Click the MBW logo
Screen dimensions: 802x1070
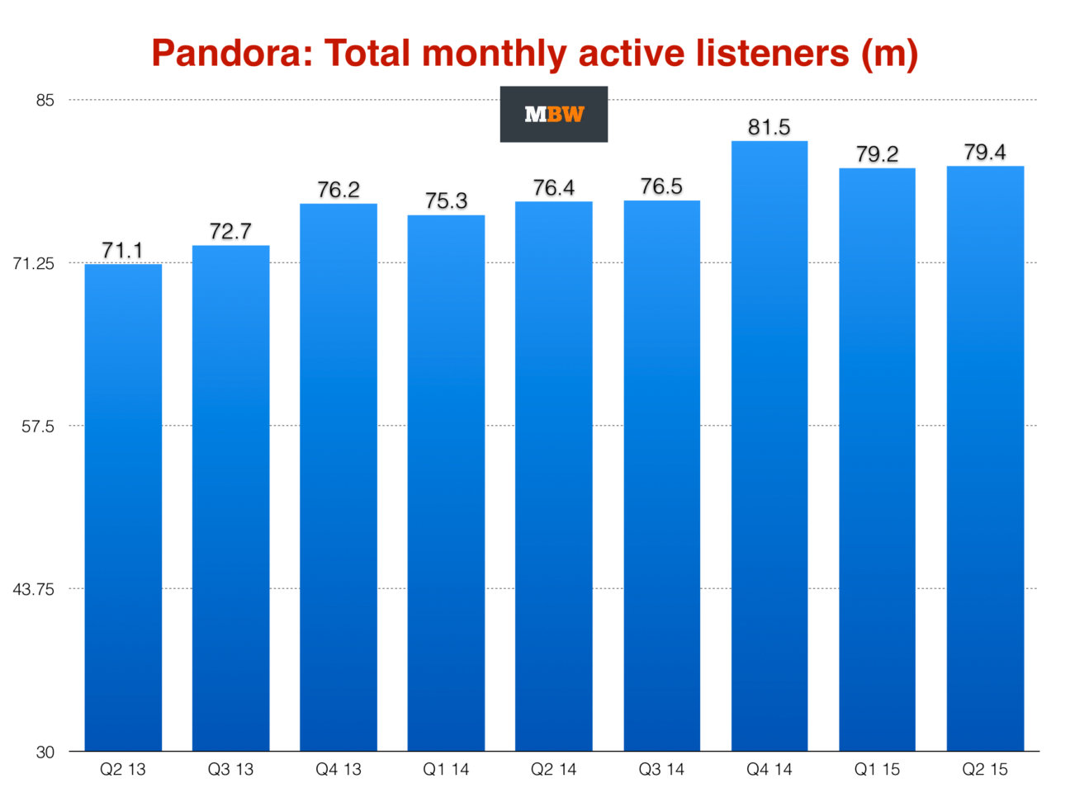pos(553,114)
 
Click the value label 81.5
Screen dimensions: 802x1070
pos(769,127)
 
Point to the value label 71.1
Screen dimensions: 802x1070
pos(122,250)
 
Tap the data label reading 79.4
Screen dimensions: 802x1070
pos(985,153)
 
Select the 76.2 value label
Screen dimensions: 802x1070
pos(339,190)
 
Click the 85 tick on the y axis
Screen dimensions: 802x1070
pos(45,101)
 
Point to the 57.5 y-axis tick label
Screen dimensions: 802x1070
pos(39,427)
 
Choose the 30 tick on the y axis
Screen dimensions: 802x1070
pos(45,752)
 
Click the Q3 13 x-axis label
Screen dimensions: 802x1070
pos(230,770)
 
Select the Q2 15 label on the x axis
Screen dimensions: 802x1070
pos(985,770)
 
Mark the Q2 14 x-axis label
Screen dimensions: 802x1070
pos(553,770)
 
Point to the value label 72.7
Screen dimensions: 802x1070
pos(230,231)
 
